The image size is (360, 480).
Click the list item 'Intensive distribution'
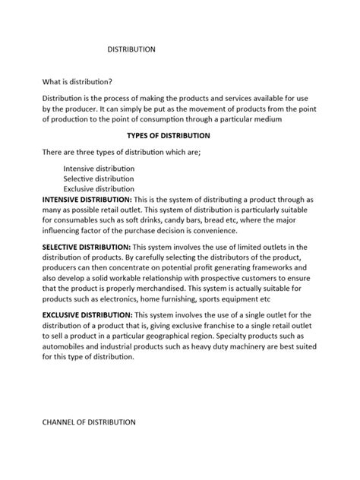pyautogui.click(x=99, y=168)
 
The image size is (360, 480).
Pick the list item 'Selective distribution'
pyautogui.click(x=99, y=178)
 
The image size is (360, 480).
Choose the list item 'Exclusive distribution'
pyautogui.click(x=99, y=189)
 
